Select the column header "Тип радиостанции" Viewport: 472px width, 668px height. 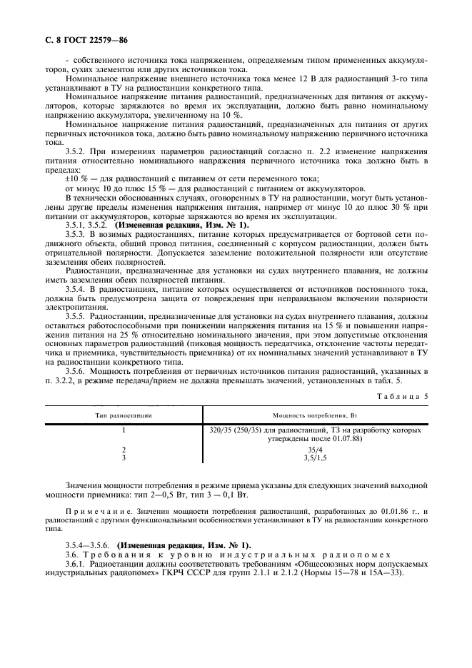[x=124, y=415]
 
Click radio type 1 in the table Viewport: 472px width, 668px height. [x=124, y=431]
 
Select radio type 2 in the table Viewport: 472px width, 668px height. [x=124, y=450]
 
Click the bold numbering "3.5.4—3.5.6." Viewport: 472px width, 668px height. [x=89, y=544]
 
